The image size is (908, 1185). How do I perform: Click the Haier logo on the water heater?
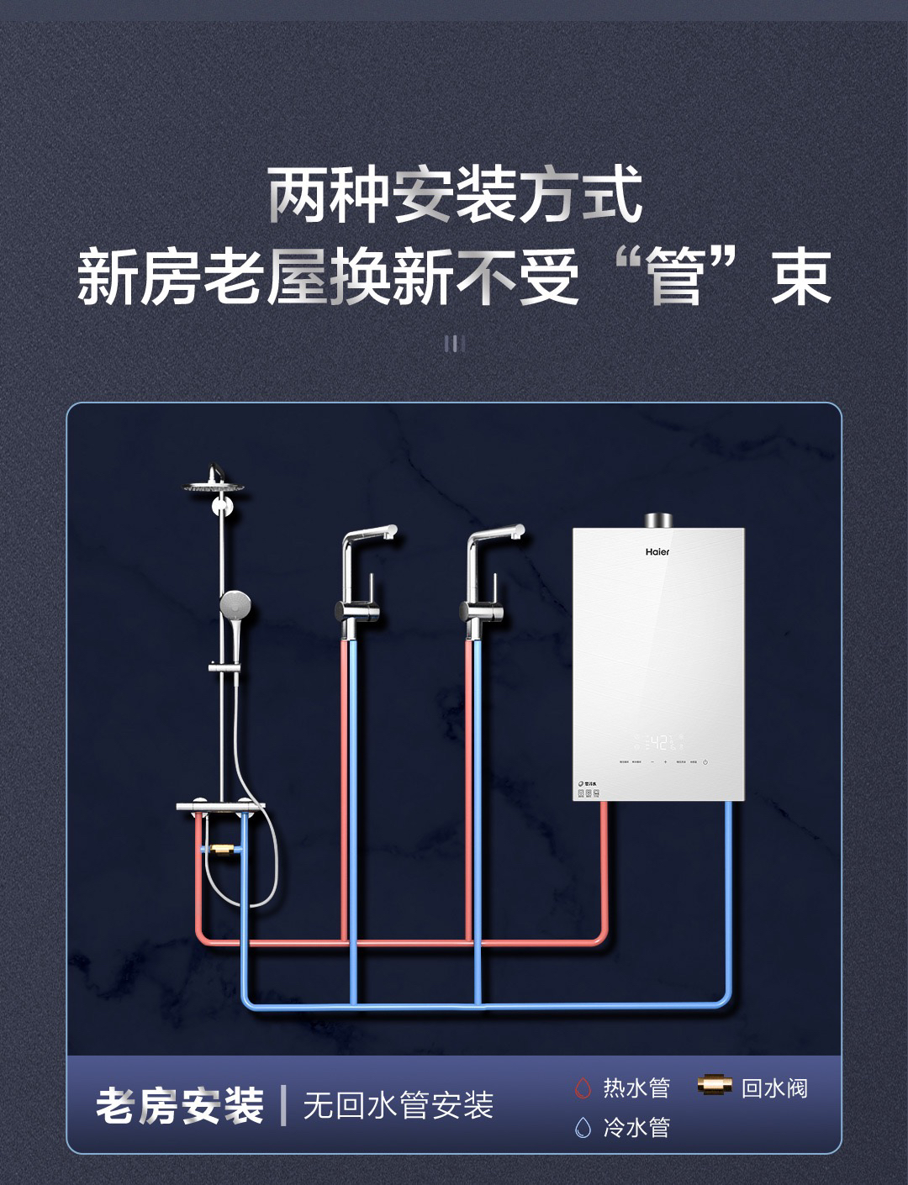click(657, 552)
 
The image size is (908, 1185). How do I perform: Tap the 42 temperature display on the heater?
click(658, 743)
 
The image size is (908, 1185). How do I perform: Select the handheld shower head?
click(233, 604)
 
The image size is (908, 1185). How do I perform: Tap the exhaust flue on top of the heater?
click(657, 519)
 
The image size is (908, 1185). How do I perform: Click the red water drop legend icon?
click(583, 1089)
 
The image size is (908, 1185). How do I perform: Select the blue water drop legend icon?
click(583, 1127)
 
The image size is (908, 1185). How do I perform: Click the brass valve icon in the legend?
click(715, 1086)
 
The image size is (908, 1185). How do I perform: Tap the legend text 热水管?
click(636, 1088)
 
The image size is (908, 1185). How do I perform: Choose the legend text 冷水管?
click(636, 1127)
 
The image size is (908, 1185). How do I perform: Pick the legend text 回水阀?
click(774, 1088)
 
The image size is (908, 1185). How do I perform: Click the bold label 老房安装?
click(180, 1106)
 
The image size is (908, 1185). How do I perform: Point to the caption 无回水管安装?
click(398, 1106)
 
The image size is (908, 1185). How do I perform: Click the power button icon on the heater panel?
click(705, 762)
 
